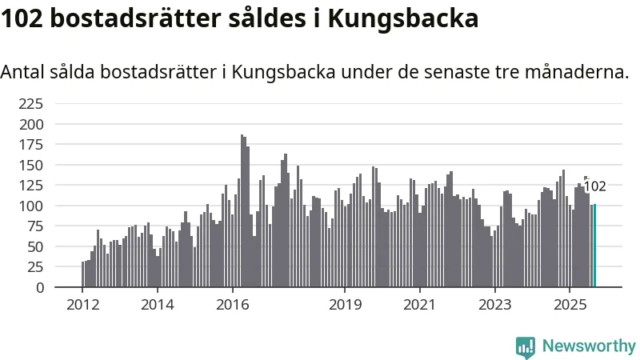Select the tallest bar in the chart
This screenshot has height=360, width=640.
242,211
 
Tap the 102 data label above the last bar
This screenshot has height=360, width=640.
594,187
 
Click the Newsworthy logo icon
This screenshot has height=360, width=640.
526,346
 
